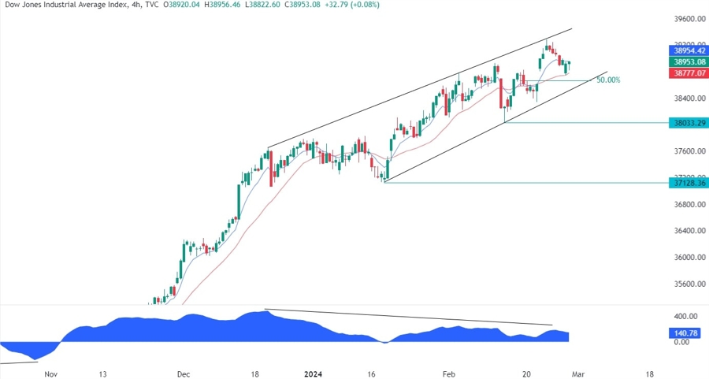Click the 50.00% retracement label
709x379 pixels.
tap(608, 80)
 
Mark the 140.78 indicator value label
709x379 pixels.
tap(684, 333)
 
